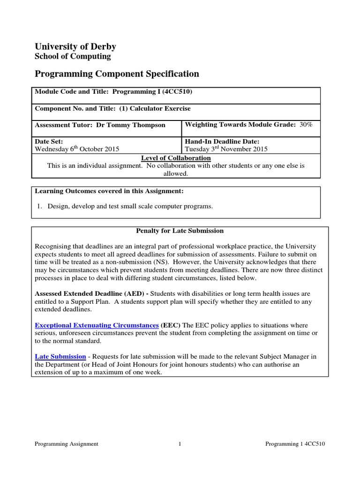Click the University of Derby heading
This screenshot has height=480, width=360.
coord(75,46)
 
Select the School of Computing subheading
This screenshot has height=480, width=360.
coord(73,57)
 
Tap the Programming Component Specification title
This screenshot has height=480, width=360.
coord(117,74)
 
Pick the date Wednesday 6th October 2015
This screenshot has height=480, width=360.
coord(77,150)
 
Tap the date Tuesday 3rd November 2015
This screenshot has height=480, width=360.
coord(226,150)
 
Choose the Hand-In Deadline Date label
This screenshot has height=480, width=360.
coord(222,142)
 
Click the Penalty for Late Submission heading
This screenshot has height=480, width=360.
coord(180,231)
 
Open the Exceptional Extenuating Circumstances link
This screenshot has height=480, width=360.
coord(97,325)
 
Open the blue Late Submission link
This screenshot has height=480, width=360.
coord(60,357)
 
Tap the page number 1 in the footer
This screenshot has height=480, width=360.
coord(180,444)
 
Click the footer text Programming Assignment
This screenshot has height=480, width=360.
coord(67,444)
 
